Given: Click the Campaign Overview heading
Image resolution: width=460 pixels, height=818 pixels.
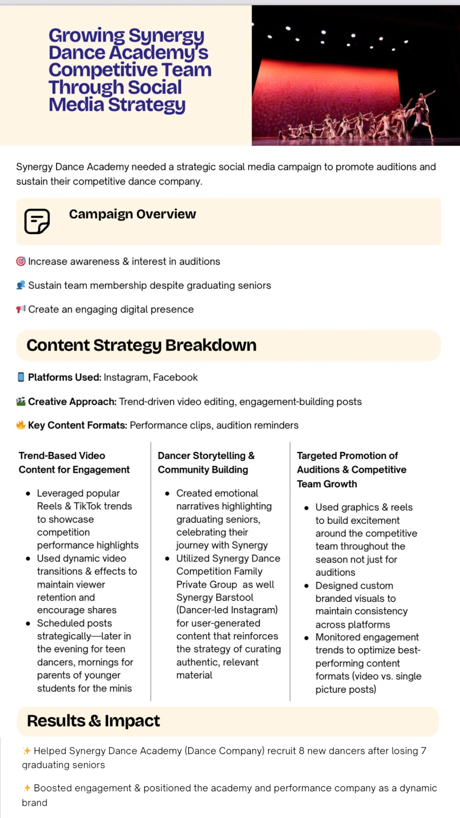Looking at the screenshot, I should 132,214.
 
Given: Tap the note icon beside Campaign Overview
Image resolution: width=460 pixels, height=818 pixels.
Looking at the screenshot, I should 37,221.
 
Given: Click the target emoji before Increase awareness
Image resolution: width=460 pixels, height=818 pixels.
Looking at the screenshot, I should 20,261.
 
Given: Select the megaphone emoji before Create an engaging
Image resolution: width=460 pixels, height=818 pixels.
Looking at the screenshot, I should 20,309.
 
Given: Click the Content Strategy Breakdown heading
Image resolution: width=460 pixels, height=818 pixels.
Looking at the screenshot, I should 141,345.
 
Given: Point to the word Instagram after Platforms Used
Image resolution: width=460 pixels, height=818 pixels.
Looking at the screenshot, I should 126,377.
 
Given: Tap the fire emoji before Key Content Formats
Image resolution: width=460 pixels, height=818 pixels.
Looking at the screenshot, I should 20,425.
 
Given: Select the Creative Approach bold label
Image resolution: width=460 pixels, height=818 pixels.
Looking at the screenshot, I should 72,402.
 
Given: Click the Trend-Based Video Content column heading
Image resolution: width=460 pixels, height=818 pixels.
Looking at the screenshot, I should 74,463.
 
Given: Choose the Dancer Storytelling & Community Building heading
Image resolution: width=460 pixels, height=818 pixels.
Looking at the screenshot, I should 206,463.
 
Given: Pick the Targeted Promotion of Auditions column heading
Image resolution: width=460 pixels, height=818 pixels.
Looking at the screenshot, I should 351,469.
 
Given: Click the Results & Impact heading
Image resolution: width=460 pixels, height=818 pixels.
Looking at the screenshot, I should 93,721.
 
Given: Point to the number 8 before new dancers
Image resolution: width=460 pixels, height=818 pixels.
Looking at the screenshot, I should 302,751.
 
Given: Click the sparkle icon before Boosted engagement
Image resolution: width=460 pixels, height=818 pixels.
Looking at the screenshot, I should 27,788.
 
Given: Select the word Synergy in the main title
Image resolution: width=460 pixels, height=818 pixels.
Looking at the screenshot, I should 166,36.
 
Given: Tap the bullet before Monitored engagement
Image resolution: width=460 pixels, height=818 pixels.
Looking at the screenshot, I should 306,638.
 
